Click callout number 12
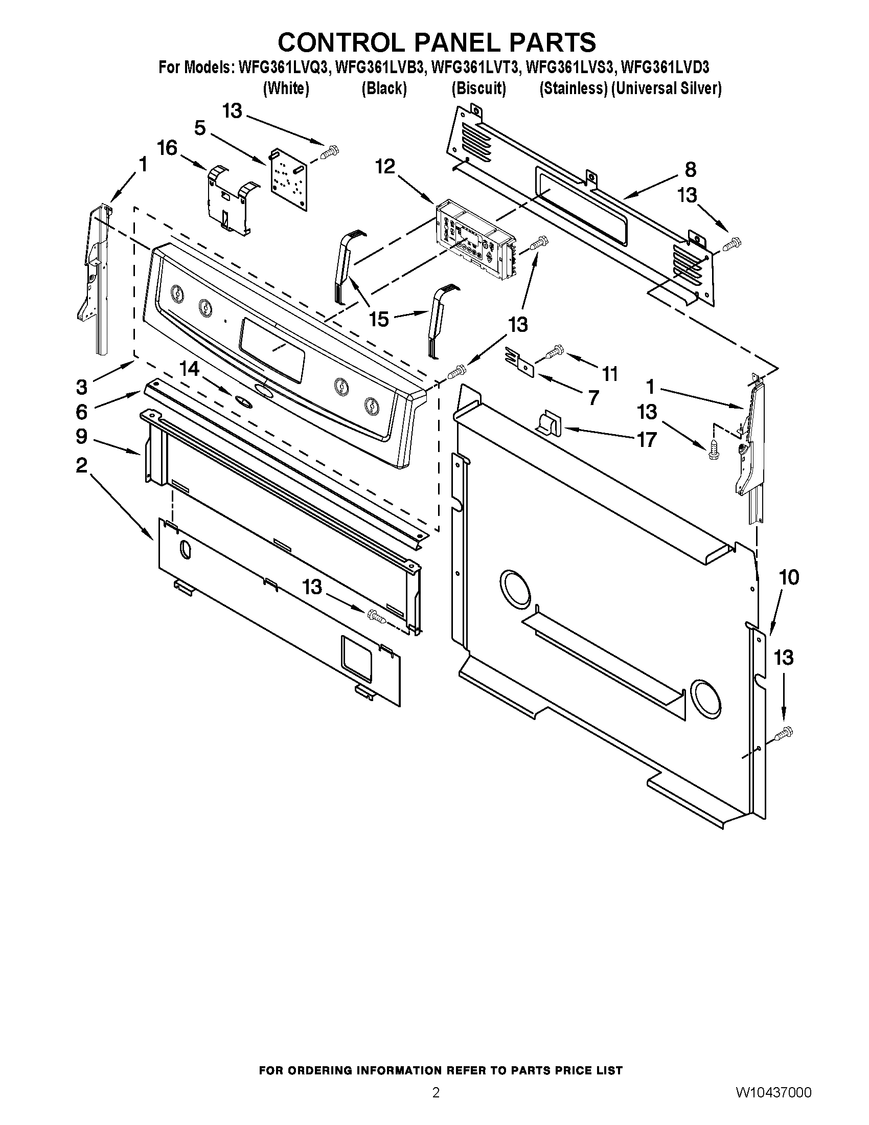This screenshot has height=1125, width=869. point(385,166)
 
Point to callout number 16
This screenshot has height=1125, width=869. point(167,148)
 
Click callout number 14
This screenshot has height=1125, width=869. point(189,369)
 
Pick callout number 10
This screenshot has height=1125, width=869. point(789,577)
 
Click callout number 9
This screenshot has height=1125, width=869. point(81,437)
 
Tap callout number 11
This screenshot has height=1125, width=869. point(610,374)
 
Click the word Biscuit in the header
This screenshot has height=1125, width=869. point(479,88)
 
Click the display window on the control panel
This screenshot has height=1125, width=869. point(271,349)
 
